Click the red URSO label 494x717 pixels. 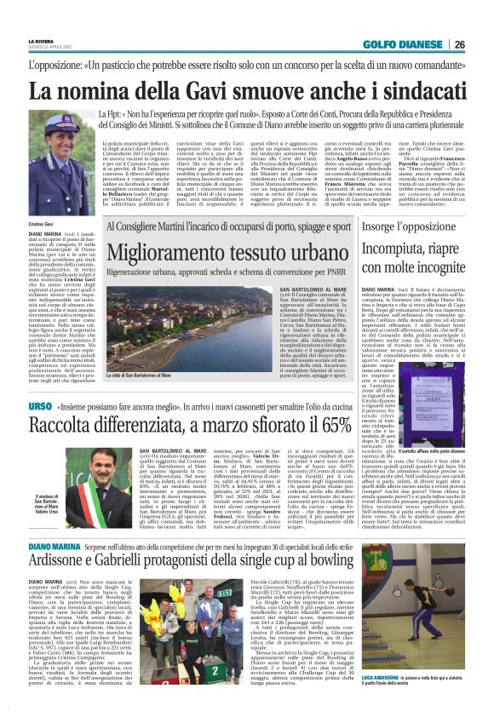coord(40,408)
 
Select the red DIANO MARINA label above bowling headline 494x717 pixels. coord(52,567)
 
